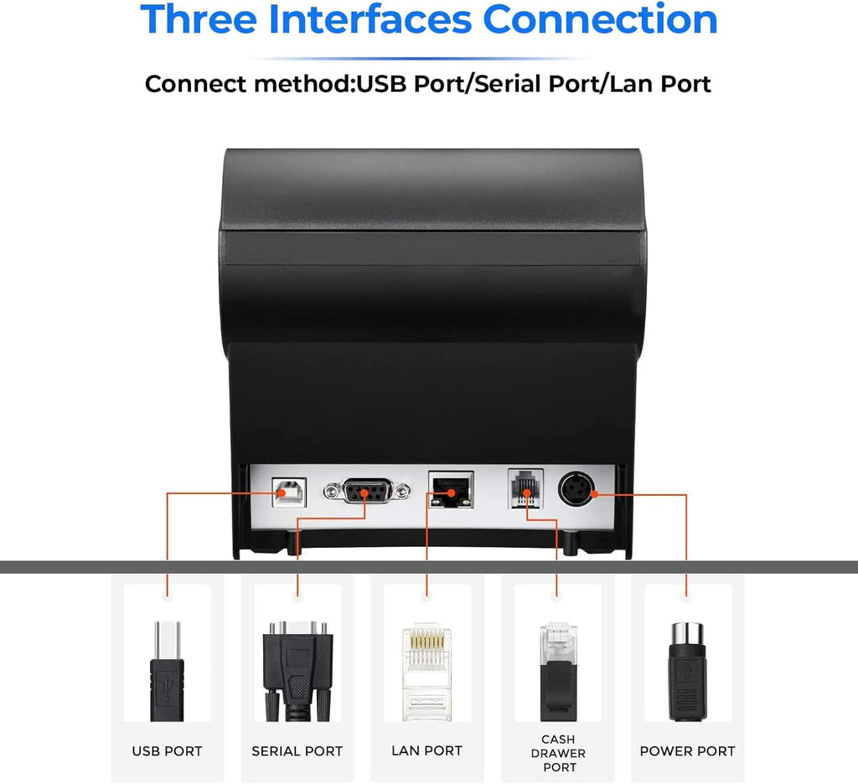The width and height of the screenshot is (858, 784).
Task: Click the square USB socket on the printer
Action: [x=289, y=493]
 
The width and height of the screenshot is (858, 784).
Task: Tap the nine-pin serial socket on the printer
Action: [x=367, y=492]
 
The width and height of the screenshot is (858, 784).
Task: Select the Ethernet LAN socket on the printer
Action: [x=451, y=489]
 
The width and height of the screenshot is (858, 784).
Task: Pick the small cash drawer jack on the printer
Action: [x=525, y=488]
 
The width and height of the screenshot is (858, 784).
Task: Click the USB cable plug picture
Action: [x=167, y=671]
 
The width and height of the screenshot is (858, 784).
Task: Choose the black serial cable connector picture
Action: [x=297, y=671]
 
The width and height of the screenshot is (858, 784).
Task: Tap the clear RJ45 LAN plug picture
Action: [x=426, y=672]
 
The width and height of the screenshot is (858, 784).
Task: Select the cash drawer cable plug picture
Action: [x=558, y=672]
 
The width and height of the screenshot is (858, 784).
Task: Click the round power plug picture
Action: [x=687, y=671]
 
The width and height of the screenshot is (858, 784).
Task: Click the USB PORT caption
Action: [x=167, y=751]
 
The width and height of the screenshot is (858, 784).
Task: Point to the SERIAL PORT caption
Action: [x=297, y=751]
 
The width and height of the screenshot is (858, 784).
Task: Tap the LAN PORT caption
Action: [x=426, y=750]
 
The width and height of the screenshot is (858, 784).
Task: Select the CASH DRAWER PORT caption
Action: [x=558, y=753]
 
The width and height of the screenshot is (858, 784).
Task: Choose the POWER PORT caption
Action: [x=687, y=751]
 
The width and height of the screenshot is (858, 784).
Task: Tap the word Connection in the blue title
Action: [x=600, y=19]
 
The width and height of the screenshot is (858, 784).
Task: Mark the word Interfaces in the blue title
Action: [x=370, y=19]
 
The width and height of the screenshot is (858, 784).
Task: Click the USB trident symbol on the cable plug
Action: [x=167, y=685]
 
